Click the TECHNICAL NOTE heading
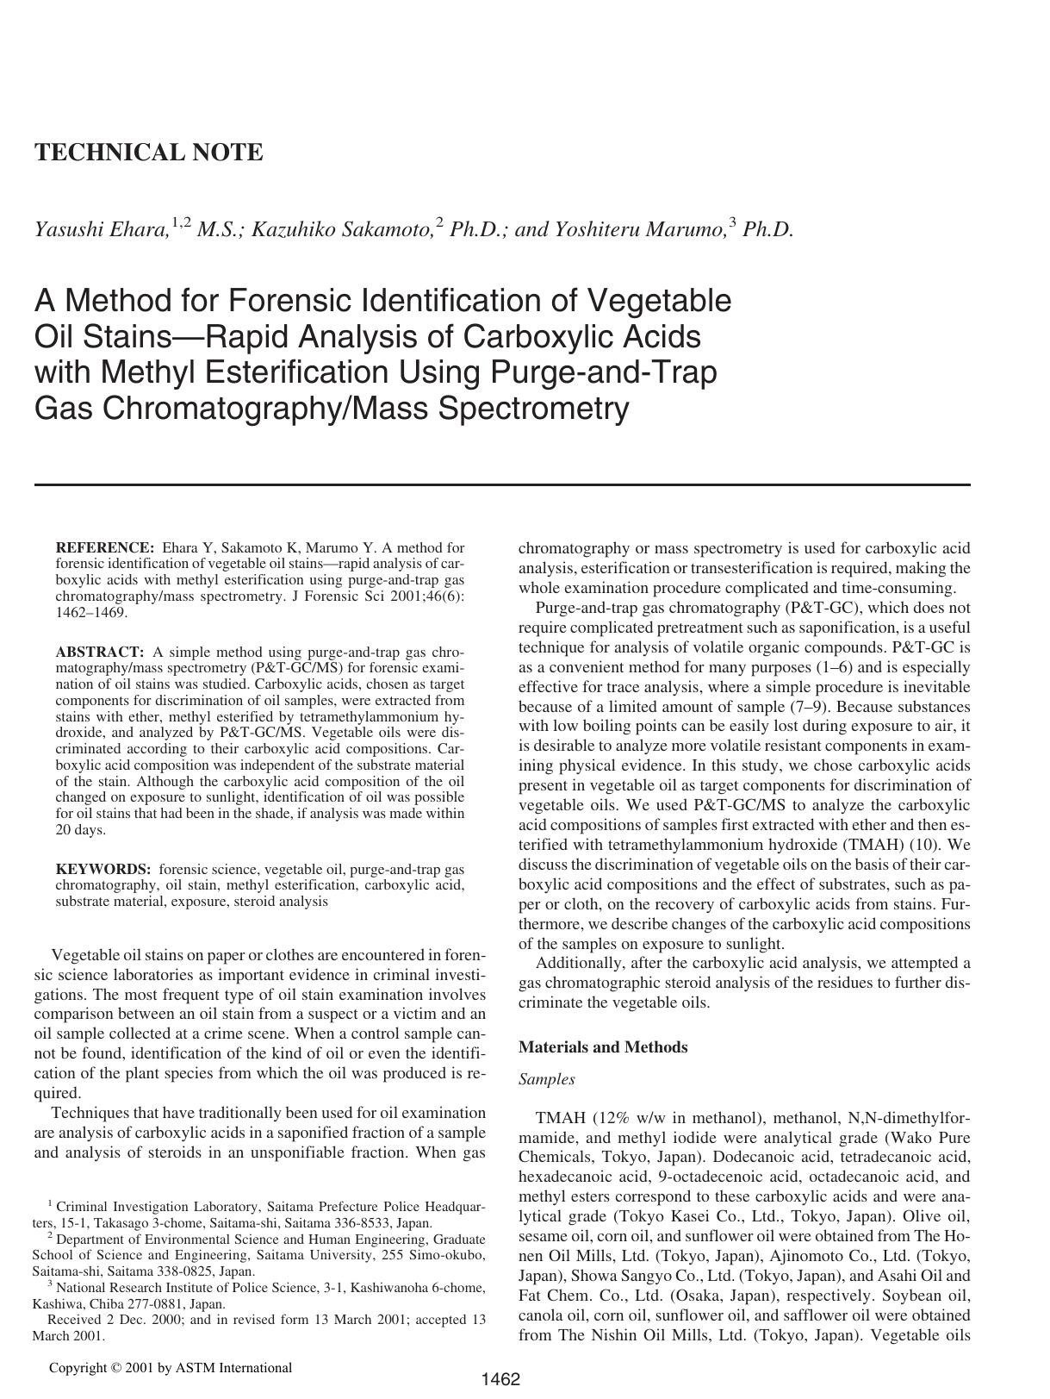coord(148,153)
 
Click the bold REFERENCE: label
coord(104,547)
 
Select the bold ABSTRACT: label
coord(99,652)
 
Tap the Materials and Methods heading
coord(603,1047)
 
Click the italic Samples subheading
coord(546,1079)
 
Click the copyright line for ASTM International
coord(170,1367)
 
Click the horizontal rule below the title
coord(501,484)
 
